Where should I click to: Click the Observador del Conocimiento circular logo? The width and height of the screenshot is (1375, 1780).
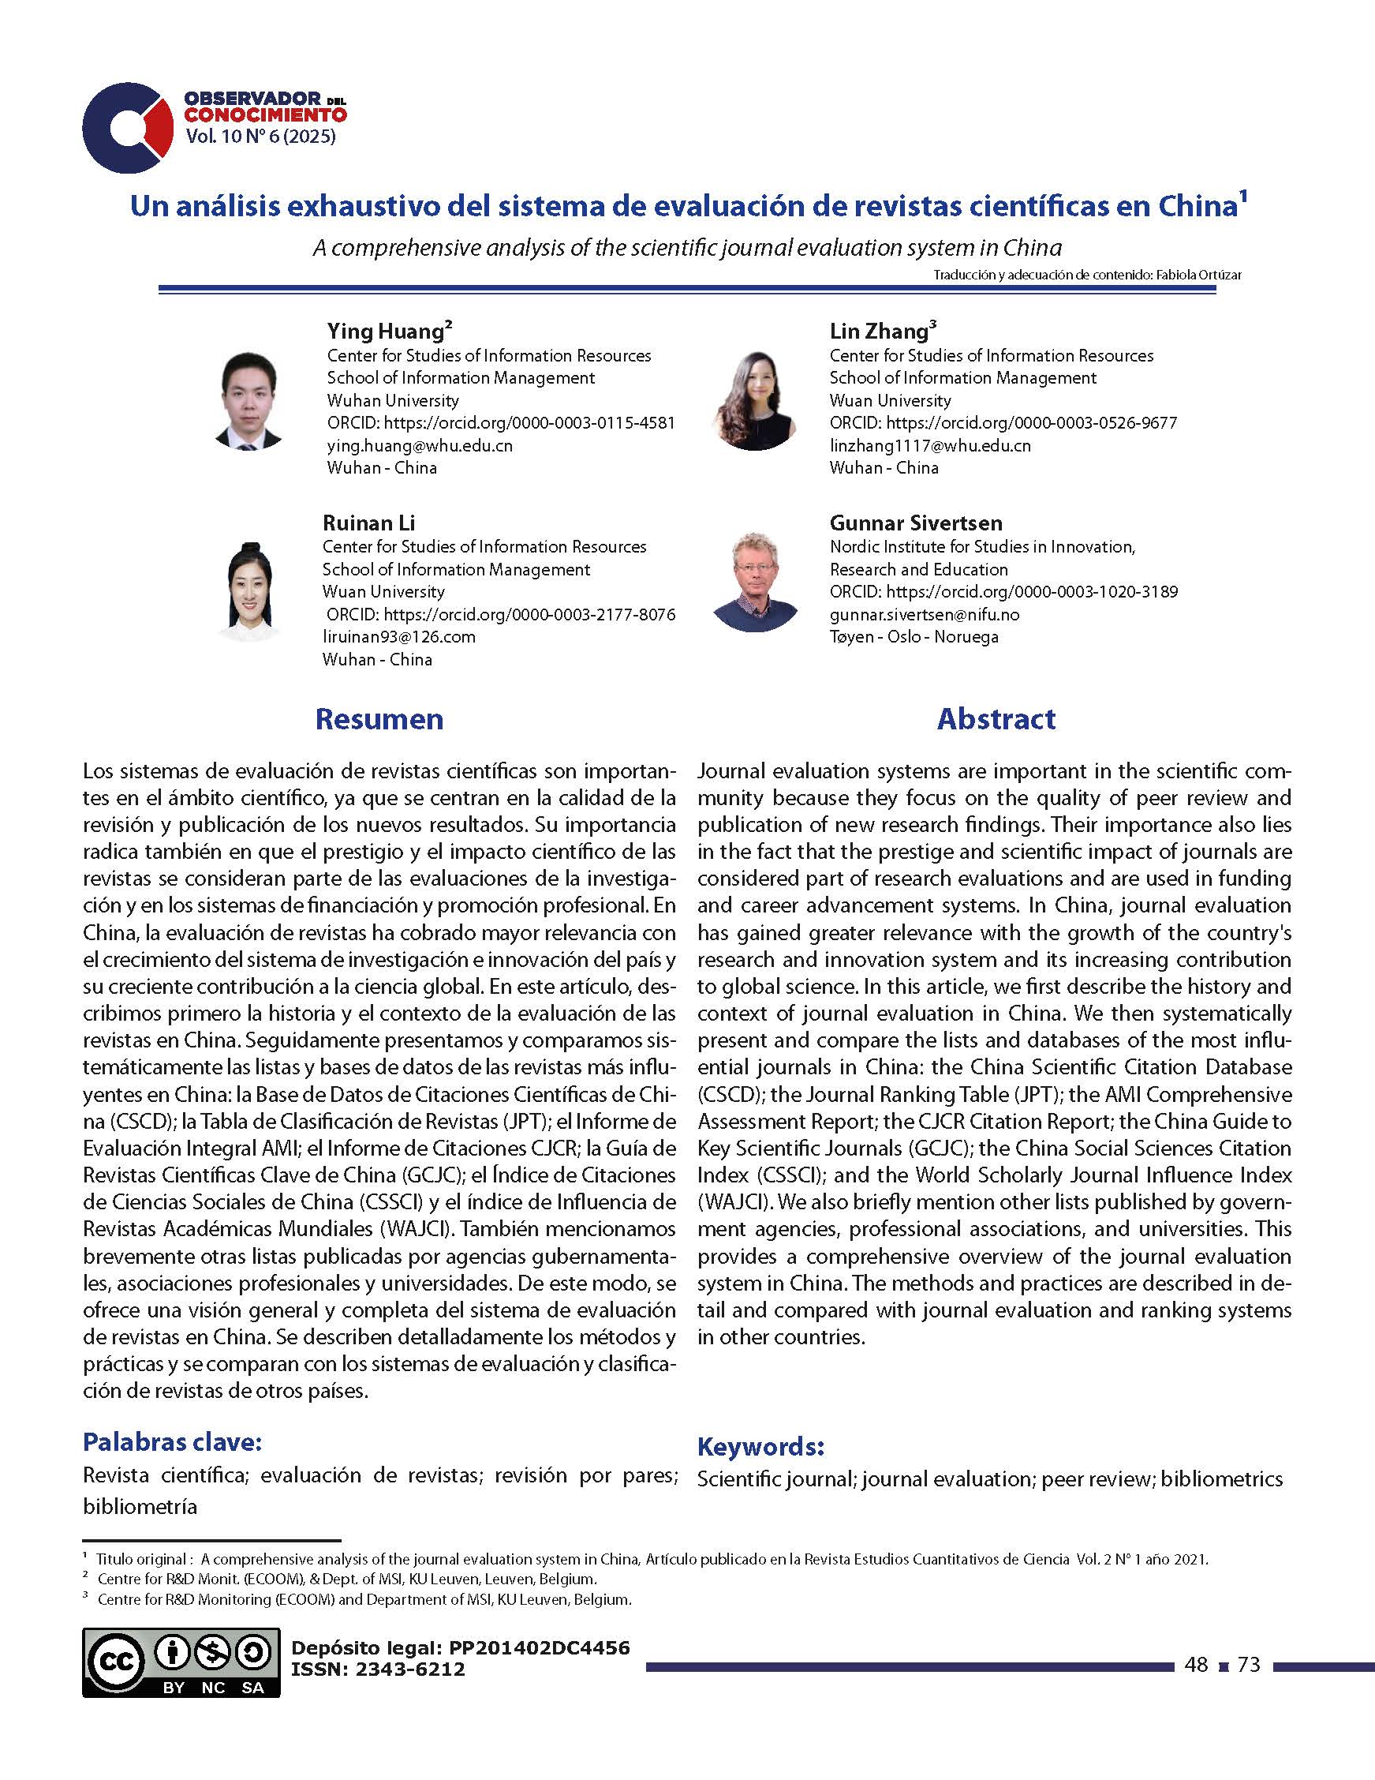coord(127,127)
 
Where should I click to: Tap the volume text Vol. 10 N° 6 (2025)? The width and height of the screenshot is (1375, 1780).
coord(260,137)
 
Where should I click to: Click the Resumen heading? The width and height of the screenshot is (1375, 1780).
coord(379,719)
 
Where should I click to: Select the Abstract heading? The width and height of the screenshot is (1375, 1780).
coord(996,719)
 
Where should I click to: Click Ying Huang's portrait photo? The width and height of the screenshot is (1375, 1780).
coord(248,401)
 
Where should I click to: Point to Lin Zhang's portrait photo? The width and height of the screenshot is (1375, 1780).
coord(754,401)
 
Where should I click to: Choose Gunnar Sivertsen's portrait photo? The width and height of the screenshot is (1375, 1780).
coord(754,582)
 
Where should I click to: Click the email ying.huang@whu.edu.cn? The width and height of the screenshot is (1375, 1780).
coord(420,446)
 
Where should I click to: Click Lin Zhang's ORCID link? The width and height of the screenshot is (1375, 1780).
coord(1003,423)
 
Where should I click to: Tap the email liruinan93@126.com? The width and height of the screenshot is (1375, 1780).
coord(398,636)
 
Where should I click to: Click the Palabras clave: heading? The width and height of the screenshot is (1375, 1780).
coord(172,1442)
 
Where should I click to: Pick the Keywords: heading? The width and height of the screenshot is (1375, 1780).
coord(760,1447)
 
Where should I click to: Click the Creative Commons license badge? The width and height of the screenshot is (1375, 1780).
coord(181,1662)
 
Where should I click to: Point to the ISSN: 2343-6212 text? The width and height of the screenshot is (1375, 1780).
coord(378,1669)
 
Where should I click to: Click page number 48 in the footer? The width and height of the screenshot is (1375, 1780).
coord(1196,1664)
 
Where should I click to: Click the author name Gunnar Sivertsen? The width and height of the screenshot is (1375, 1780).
coord(916,523)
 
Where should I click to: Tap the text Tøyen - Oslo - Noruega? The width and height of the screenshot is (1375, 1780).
coord(914,636)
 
